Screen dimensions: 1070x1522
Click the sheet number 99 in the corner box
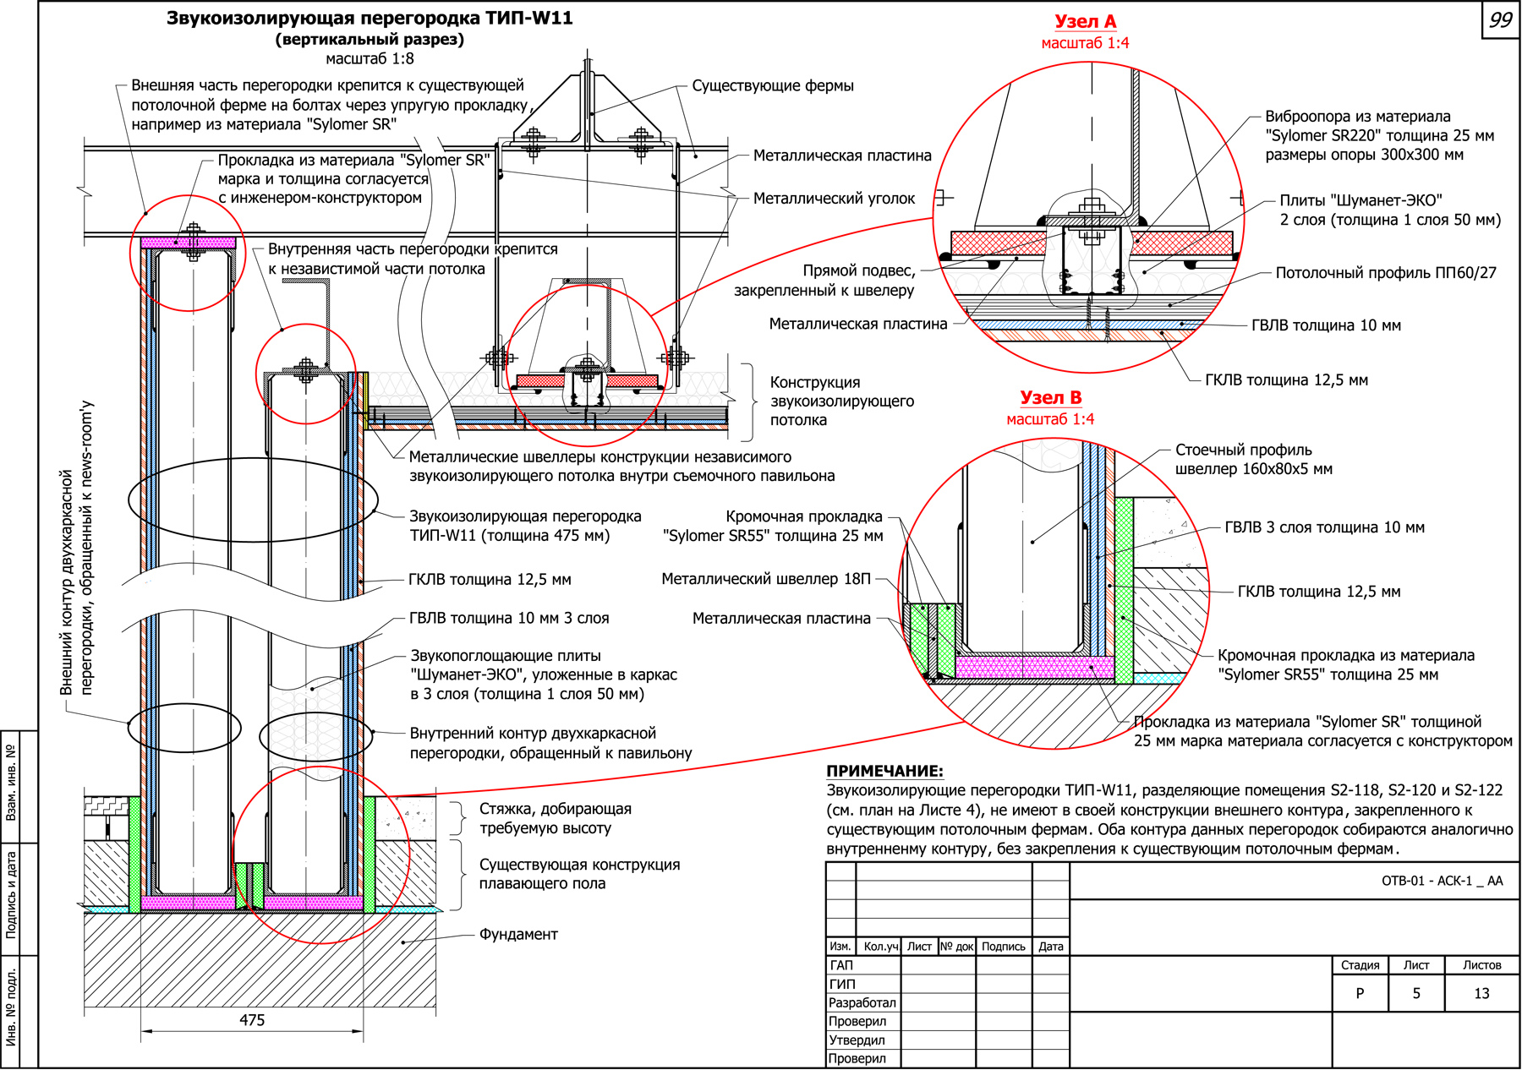click(1500, 19)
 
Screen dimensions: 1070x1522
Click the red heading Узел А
click(1085, 22)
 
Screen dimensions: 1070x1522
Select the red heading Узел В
click(1050, 397)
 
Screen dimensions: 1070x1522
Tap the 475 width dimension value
click(252, 1020)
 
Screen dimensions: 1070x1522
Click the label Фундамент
click(518, 934)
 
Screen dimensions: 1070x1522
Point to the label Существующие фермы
click(772, 85)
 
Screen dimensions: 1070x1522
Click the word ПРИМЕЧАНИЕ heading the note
click(884, 771)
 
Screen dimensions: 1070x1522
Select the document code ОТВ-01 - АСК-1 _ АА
click(1442, 881)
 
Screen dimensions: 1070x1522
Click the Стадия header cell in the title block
click(1360, 965)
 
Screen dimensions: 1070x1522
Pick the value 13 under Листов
click(1481, 993)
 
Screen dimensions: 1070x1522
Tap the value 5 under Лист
click(1416, 993)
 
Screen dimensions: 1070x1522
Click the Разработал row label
click(862, 1002)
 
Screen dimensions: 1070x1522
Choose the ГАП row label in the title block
click(841, 965)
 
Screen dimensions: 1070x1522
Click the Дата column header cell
click(1050, 947)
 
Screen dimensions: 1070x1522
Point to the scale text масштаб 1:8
click(370, 58)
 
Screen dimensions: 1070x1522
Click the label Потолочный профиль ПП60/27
click(1386, 273)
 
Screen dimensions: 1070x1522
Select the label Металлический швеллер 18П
click(765, 579)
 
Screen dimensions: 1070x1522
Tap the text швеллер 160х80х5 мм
click(1253, 469)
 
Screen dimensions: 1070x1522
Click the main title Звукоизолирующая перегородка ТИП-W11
click(370, 19)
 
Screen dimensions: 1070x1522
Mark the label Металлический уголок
click(834, 199)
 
